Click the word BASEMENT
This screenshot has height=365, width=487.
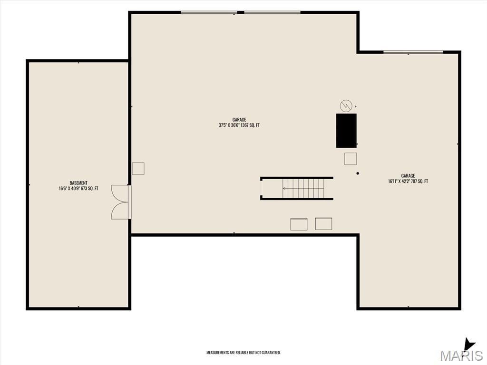78,183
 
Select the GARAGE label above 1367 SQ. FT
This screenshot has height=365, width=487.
239,119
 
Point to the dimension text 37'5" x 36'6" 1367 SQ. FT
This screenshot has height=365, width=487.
239,125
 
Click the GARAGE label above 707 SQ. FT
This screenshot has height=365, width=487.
408,176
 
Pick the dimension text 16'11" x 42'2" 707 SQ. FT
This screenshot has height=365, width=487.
408,181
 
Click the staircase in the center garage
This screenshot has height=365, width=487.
297,188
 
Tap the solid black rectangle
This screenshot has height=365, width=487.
346,131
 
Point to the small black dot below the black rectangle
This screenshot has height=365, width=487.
358,173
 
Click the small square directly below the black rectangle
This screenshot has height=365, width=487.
351,159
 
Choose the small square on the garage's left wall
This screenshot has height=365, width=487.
138,169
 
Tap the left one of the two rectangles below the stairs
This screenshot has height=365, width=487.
299,224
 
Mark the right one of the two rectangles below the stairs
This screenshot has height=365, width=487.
323,223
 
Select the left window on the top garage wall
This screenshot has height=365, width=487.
209,13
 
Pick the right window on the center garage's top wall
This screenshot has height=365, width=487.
273,13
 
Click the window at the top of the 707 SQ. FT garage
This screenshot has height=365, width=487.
413,52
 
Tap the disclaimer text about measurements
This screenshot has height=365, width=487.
243,353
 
